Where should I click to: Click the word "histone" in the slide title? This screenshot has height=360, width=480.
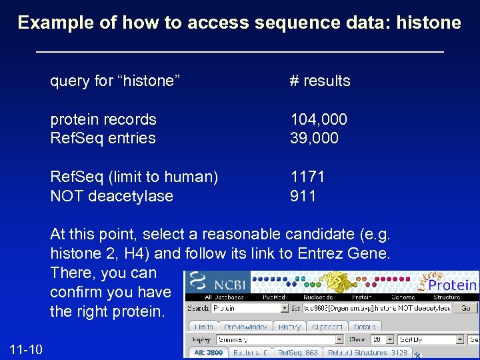coord(429,23)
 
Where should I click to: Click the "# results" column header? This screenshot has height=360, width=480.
coord(320,81)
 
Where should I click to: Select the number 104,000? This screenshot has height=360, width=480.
coord(319,119)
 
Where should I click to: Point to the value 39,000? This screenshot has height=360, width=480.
coord(314,138)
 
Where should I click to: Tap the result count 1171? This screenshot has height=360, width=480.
coord(307,177)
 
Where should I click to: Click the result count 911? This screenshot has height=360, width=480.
coord(303,196)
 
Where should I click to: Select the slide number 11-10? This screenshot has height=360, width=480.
coord(26,347)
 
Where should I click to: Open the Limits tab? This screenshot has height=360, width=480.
coord(204,327)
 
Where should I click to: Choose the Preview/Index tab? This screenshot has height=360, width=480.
coord(245,327)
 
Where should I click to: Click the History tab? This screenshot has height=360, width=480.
coord(289,327)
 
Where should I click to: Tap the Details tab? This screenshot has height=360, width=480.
coord(365,327)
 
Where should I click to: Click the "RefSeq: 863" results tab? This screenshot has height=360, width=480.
coord(297,352)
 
